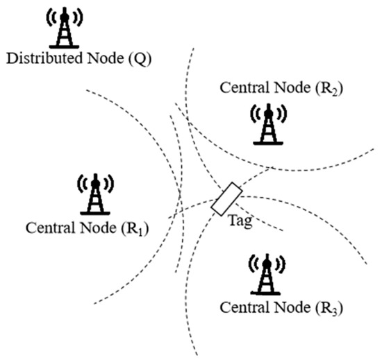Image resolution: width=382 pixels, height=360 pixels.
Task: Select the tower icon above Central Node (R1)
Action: point(94,195)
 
